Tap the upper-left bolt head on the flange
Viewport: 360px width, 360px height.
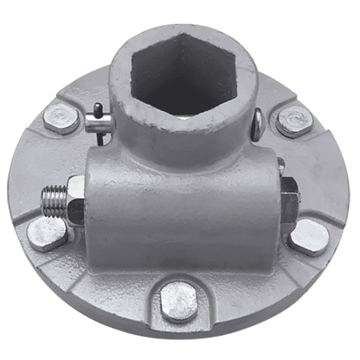tap(61, 118)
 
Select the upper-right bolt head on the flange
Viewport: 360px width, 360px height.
tap(294, 121)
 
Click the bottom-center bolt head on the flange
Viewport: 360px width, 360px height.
tap(179, 301)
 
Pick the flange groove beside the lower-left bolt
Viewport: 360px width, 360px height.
tap(75, 266)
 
